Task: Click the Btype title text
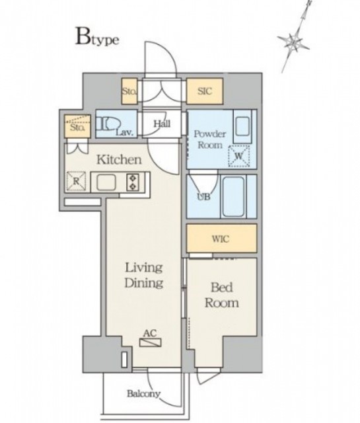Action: [97, 38]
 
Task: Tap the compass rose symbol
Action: [294, 40]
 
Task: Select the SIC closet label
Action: [205, 91]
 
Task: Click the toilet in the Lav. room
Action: [107, 124]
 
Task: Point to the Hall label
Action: [162, 124]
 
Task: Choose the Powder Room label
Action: [210, 139]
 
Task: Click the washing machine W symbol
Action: [239, 156]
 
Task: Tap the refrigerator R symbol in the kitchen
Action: [76, 181]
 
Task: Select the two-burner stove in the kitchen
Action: [133, 182]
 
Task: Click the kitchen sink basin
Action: [106, 182]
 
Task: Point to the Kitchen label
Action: [119, 160]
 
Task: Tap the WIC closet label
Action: [221, 239]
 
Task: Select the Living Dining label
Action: [144, 276]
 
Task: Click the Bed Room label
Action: [222, 295]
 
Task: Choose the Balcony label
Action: [143, 394]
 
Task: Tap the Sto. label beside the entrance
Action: [129, 91]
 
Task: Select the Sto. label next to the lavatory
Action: [77, 128]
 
